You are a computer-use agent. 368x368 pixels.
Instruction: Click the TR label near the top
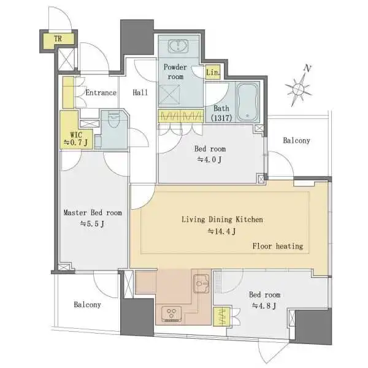[x=58, y=39]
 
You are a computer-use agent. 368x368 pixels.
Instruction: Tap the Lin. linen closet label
[x=213, y=72]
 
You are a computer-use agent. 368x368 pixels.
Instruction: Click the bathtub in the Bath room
[x=247, y=102]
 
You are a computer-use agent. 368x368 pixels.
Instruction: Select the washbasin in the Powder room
[x=178, y=46]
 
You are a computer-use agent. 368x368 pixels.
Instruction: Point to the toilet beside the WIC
[x=114, y=120]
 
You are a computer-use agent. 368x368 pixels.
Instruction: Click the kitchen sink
[x=202, y=284]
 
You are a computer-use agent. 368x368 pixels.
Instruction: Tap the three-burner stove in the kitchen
[x=171, y=313]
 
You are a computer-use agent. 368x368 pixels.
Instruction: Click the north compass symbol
[x=299, y=87]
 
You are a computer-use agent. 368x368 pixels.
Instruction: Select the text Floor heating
[x=278, y=246]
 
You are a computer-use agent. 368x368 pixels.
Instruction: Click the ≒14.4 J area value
[x=222, y=231]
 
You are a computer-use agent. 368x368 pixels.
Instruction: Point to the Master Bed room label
[x=93, y=213]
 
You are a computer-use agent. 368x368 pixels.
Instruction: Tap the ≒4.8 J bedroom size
[x=264, y=306]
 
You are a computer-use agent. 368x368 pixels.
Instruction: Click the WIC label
[x=76, y=135]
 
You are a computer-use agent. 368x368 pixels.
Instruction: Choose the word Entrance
[x=101, y=93]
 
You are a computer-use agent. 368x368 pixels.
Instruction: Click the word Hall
[x=140, y=93]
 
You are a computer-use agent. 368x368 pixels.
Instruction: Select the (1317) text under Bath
[x=221, y=118]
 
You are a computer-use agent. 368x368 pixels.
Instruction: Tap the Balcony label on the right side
[x=296, y=140]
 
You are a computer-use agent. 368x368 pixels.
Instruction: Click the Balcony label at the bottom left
[x=87, y=304]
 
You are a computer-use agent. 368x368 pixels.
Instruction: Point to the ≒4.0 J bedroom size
[x=209, y=159]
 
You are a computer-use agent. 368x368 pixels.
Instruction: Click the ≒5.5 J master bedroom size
[x=92, y=224]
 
